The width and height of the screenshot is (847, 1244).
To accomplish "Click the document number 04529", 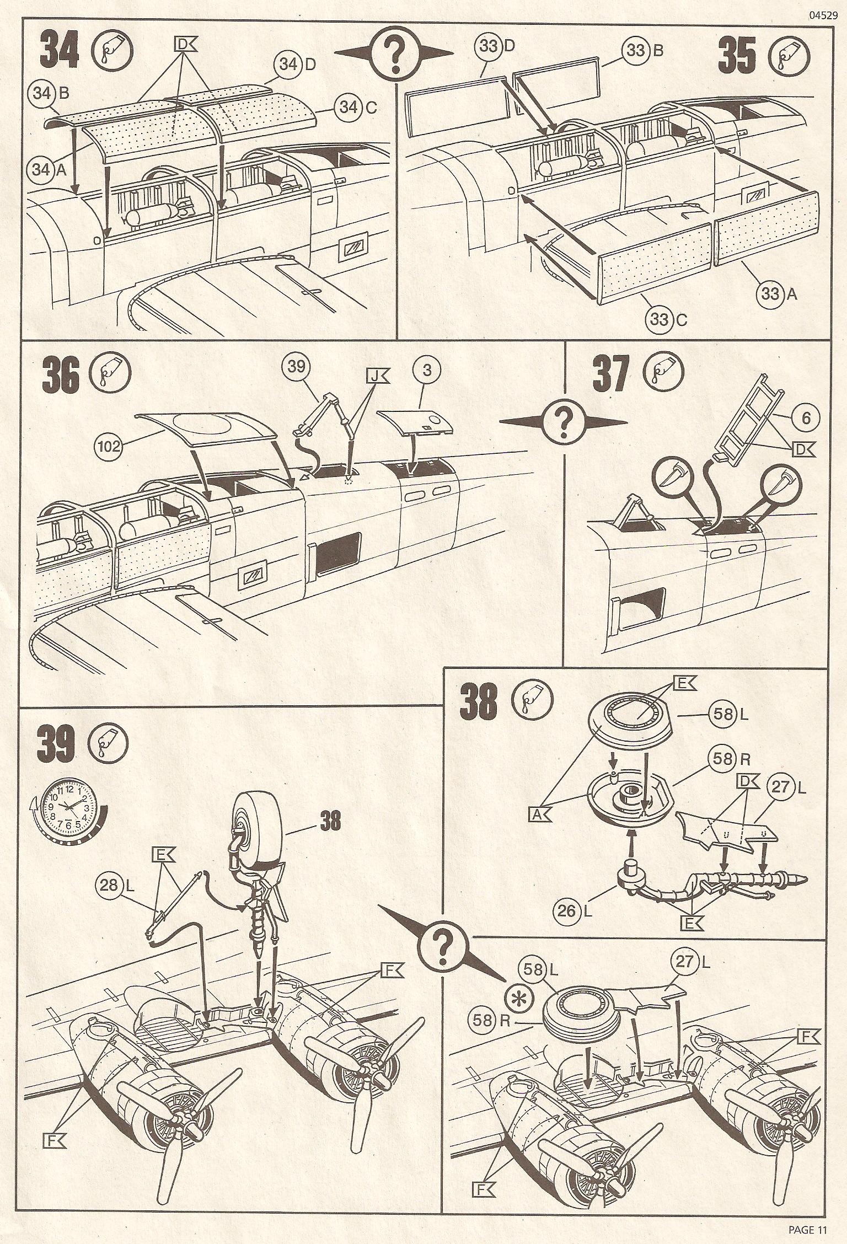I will point(823,15).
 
